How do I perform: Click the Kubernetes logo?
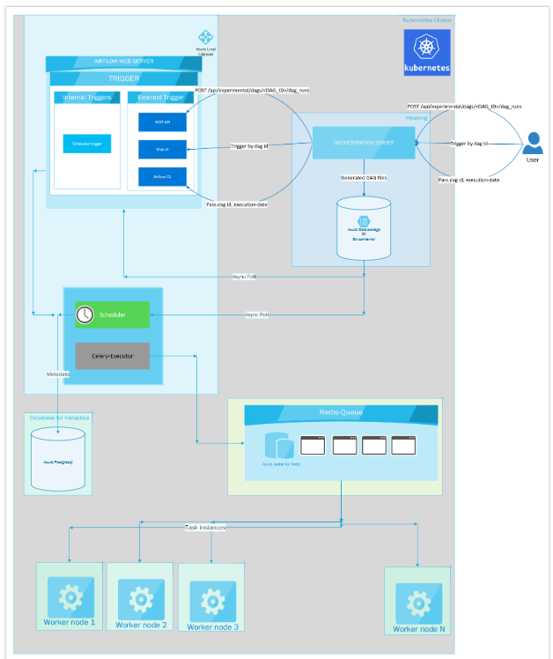(x=427, y=52)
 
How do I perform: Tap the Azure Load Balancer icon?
(x=206, y=38)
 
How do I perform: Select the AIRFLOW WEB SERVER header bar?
(x=124, y=62)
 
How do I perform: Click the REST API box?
(x=162, y=122)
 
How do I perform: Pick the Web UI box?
(x=162, y=150)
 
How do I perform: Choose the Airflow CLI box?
(x=162, y=176)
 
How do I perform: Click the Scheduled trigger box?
(x=86, y=143)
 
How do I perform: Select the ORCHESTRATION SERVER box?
(x=364, y=143)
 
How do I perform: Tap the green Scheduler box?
(x=112, y=315)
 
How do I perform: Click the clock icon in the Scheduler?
(x=85, y=315)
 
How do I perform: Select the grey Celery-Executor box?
(x=112, y=356)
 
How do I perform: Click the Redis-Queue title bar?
(x=340, y=412)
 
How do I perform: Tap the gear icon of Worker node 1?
(x=70, y=596)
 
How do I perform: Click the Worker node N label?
(x=417, y=629)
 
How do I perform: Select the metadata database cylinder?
(x=58, y=460)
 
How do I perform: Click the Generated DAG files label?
(x=364, y=178)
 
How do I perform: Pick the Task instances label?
(x=204, y=527)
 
